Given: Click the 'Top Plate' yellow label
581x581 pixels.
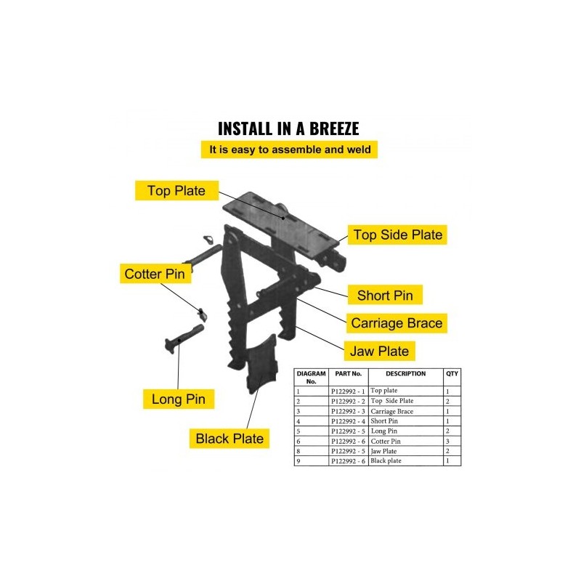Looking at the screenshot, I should (x=176, y=191).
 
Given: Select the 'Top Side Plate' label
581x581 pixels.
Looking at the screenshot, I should (x=397, y=235).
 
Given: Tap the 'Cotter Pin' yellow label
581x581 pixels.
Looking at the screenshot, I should (x=157, y=274).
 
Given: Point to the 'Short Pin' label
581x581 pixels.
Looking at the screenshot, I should (x=384, y=296).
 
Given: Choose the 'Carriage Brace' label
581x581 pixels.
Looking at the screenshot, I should (x=396, y=322).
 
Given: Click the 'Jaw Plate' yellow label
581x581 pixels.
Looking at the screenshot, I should (x=380, y=351).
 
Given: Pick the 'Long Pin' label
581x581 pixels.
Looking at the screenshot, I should (x=178, y=399).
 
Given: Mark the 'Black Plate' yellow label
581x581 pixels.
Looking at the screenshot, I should (x=229, y=439).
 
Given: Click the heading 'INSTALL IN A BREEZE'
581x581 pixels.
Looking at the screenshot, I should (x=289, y=129).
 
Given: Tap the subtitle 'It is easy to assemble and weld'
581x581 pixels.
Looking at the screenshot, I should (x=290, y=150).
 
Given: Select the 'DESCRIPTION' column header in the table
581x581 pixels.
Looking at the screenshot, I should (x=405, y=374).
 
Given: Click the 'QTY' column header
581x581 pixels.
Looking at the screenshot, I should (x=452, y=374).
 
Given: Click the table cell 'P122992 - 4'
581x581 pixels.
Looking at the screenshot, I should (x=348, y=421).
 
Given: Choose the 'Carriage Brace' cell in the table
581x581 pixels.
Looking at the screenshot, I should (x=391, y=411).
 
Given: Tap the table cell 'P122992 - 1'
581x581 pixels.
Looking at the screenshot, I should (x=348, y=391).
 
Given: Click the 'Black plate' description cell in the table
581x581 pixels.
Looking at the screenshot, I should (x=386, y=461).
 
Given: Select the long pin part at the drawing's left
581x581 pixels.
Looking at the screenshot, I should (x=183, y=337).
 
